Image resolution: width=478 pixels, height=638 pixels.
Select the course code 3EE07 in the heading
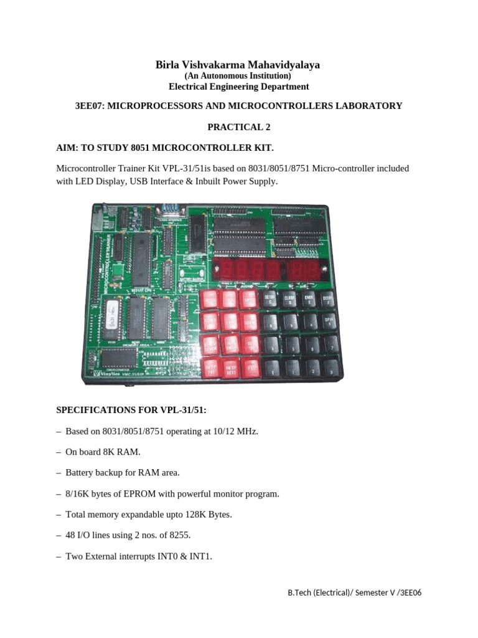coord(89,106)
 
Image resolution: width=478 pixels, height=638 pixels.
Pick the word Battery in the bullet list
coord(80,472)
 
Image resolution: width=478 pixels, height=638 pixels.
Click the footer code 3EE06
coord(410,593)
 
